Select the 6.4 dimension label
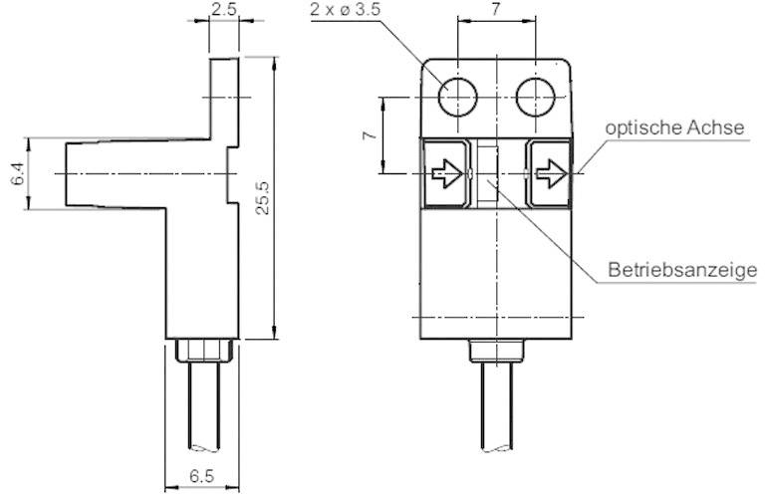point(17,173)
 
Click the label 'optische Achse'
point(673,128)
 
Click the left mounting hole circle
point(458,98)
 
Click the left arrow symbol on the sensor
point(446,175)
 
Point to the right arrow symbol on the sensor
point(549,175)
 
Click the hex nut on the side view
point(202,351)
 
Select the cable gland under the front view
point(494,351)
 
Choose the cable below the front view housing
point(494,418)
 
